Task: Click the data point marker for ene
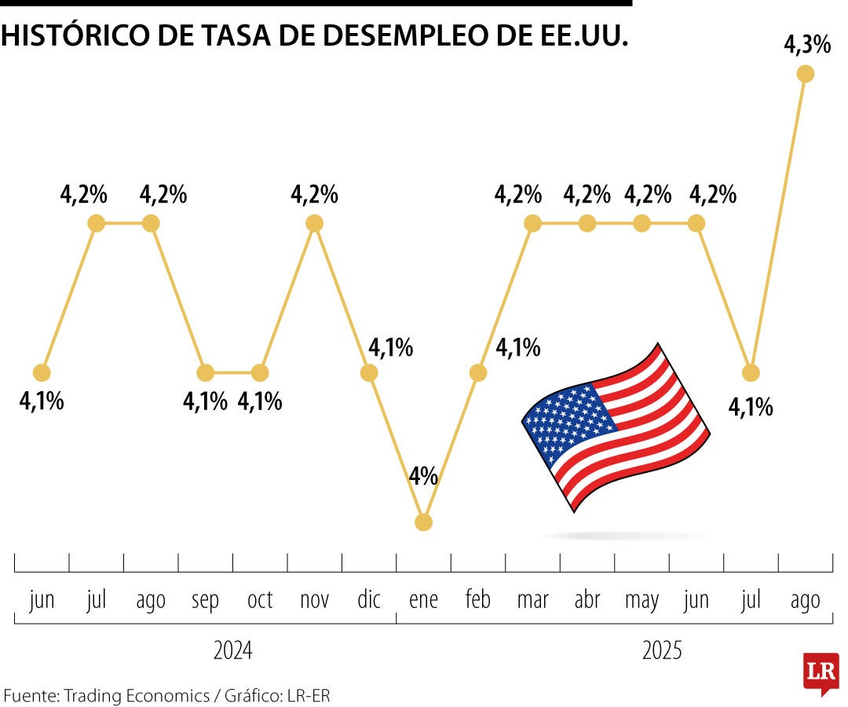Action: pyautogui.click(x=423, y=522)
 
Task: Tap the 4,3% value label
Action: pyautogui.click(x=807, y=46)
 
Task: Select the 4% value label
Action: pyautogui.click(x=423, y=476)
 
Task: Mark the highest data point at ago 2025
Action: pyautogui.click(x=805, y=74)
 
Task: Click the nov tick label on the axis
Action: pyautogui.click(x=314, y=601)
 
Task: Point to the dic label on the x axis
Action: pyautogui.click(x=369, y=601)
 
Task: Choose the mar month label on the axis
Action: pyautogui.click(x=532, y=601)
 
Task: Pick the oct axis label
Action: pyautogui.click(x=260, y=601)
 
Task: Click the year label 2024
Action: pyautogui.click(x=233, y=651)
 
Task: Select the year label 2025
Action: pyautogui.click(x=663, y=651)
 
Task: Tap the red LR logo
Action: pyautogui.click(x=821, y=672)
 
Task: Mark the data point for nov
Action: pyautogui.click(x=314, y=223)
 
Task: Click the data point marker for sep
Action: pyautogui.click(x=206, y=372)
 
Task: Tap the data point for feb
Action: pyautogui.click(x=478, y=372)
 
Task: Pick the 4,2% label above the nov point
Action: pyautogui.click(x=314, y=194)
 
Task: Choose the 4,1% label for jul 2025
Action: pyautogui.click(x=751, y=407)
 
